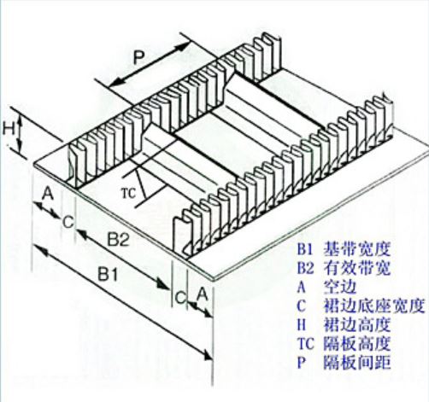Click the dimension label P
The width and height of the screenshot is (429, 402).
pyautogui.click(x=138, y=58)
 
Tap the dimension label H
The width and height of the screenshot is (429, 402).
pyautogui.click(x=9, y=129)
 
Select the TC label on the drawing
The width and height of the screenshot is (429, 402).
pyautogui.click(x=128, y=193)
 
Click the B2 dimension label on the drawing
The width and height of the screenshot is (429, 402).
pyautogui.click(x=118, y=240)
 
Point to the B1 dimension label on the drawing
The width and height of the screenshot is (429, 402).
pyautogui.click(x=108, y=275)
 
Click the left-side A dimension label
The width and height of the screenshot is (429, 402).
pyautogui.click(x=48, y=194)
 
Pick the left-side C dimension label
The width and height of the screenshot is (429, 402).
pyautogui.click(x=68, y=222)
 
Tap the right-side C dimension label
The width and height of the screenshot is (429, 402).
pyautogui.click(x=180, y=298)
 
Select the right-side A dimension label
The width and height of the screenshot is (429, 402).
pyautogui.click(x=202, y=294)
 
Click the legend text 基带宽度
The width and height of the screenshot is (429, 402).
pyautogui.click(x=356, y=249)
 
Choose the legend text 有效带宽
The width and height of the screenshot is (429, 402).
pyautogui.click(x=356, y=268)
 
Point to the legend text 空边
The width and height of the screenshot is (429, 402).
pyautogui.click(x=340, y=287)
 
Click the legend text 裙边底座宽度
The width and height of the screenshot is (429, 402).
pyautogui.click(x=373, y=306)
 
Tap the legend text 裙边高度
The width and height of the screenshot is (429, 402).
pyautogui.click(x=356, y=325)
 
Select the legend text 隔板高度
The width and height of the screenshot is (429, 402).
pyautogui.click(x=356, y=344)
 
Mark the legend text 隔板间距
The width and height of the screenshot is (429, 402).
pyautogui.click(x=356, y=363)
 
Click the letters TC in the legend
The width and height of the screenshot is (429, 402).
pyautogui.click(x=305, y=344)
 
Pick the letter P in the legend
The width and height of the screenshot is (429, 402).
pyautogui.click(x=302, y=363)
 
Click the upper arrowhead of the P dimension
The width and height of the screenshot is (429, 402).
pyautogui.click(x=185, y=45)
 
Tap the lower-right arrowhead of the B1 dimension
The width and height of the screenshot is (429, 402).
pyautogui.click(x=207, y=356)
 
